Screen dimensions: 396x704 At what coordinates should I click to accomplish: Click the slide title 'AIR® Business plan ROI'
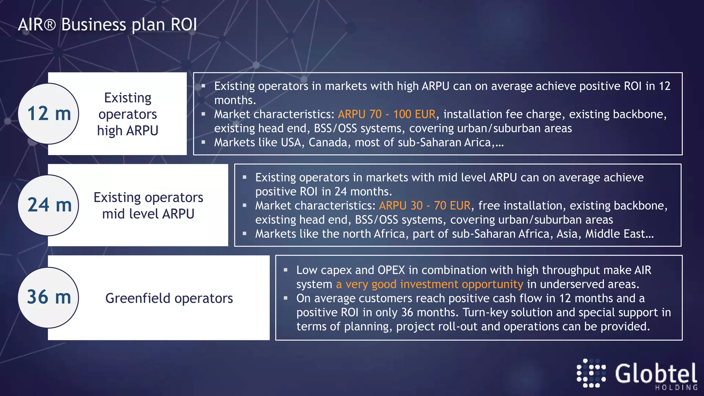[107, 25]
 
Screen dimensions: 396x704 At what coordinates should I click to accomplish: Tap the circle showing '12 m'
[48, 113]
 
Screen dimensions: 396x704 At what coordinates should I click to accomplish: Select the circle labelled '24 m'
[48, 205]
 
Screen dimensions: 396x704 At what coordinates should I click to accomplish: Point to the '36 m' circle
[48, 297]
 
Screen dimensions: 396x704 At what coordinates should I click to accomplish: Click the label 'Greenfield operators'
[169, 298]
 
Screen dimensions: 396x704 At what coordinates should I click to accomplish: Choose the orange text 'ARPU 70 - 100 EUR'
[387, 114]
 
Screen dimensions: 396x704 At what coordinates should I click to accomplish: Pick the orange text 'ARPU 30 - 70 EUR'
[425, 206]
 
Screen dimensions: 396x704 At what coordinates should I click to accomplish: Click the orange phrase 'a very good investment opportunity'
[429, 284]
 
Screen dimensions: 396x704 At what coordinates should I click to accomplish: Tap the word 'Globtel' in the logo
[656, 374]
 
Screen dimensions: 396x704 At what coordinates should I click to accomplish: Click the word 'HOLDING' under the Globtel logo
[676, 388]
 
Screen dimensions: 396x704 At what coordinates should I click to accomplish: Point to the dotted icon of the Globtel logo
[591, 373]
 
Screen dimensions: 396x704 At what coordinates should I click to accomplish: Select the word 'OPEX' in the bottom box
[391, 270]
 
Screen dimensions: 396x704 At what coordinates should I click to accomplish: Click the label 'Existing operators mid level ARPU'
[148, 206]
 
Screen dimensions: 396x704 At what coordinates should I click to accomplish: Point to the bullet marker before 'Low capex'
[286, 270]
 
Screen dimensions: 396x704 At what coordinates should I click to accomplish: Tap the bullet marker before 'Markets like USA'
[203, 142]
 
